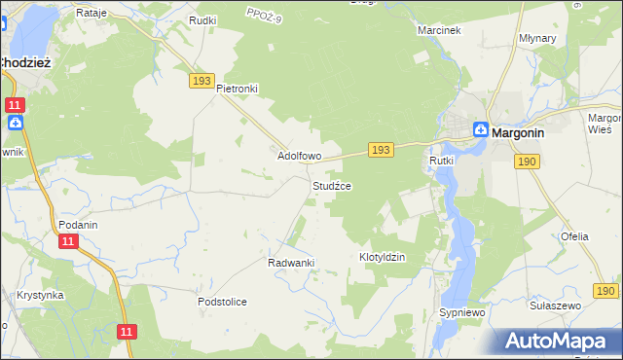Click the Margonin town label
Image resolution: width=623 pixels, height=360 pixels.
click(x=524, y=132)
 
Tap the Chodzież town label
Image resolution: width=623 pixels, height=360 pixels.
click(x=29, y=61)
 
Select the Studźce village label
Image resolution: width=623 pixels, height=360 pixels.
click(x=331, y=185)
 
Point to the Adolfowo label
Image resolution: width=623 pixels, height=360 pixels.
click(x=300, y=156)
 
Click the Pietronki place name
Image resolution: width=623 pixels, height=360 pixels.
click(x=237, y=89)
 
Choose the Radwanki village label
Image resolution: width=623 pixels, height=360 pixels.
click(x=289, y=263)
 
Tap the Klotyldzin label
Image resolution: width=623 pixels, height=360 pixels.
click(x=382, y=257)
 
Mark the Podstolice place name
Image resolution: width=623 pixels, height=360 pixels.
click(x=222, y=302)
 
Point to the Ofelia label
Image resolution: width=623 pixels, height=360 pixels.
click(x=574, y=236)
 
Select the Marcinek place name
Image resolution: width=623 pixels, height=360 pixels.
click(x=438, y=30)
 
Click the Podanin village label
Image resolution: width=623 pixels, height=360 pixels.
click(x=78, y=224)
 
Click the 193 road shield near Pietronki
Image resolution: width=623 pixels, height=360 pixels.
click(x=202, y=81)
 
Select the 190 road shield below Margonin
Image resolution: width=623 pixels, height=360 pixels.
click(x=528, y=162)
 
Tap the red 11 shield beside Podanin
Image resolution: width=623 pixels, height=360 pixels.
click(x=67, y=241)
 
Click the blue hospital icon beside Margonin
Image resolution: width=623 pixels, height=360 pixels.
click(x=481, y=130)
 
